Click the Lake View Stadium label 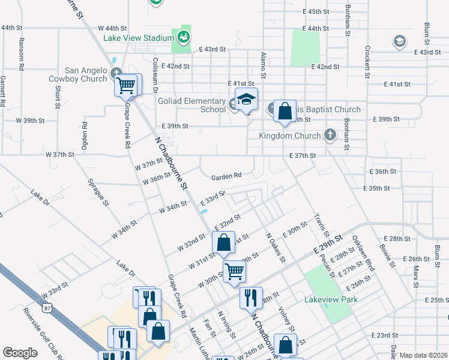138,38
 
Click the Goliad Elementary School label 192,105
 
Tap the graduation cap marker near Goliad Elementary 246,100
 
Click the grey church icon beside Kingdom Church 330,135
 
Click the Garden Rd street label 226,176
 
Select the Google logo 20,353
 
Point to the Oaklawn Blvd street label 363,252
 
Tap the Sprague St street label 97,193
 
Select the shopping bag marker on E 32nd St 223,242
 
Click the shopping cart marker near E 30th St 234,271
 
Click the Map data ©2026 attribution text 423,355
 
